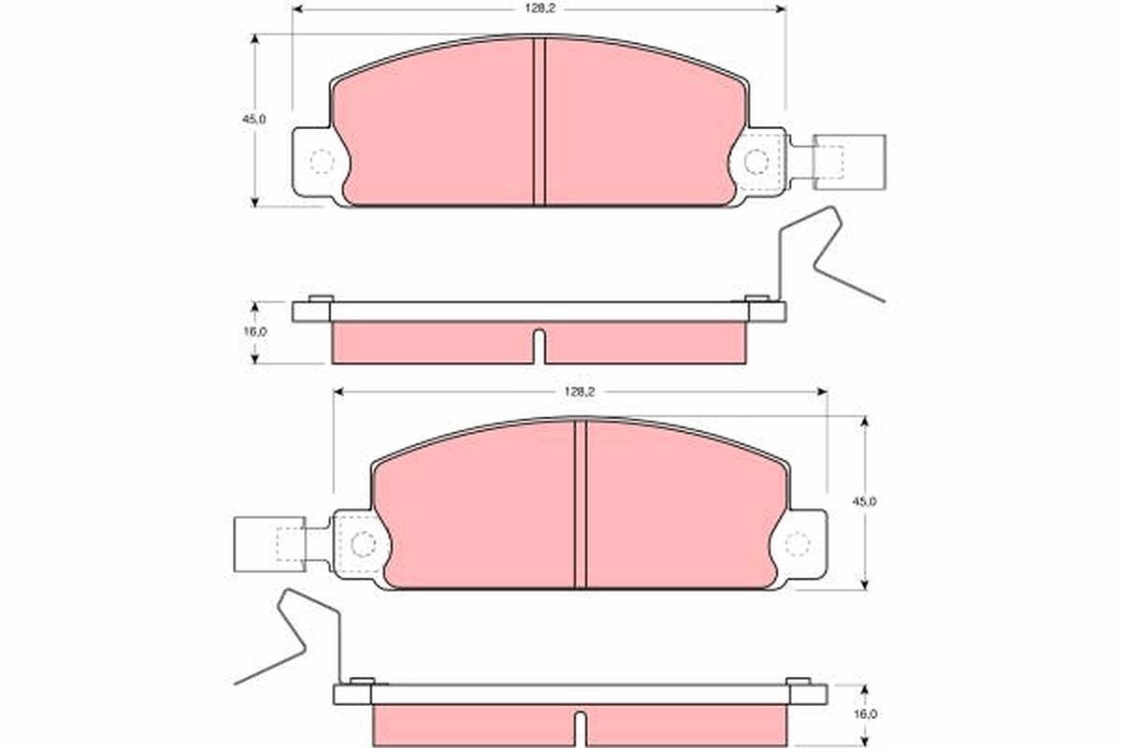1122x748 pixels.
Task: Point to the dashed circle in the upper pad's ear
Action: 321,162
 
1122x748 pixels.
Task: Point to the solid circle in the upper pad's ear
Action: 756,163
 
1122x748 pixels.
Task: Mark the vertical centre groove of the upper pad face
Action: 539,122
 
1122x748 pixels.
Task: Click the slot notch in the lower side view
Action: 580,727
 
